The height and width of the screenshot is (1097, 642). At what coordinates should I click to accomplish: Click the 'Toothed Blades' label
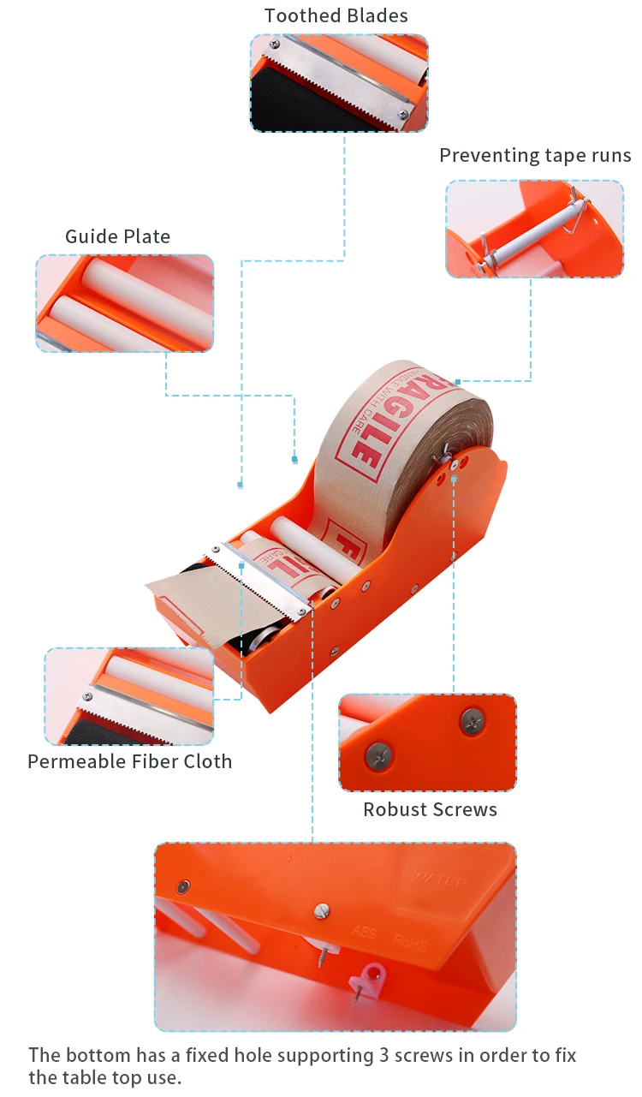[336, 15]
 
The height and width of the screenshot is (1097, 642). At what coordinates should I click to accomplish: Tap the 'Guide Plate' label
[117, 236]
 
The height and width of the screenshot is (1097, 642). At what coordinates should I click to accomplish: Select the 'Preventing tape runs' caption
[534, 155]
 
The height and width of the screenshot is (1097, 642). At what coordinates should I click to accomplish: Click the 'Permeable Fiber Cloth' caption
[129, 761]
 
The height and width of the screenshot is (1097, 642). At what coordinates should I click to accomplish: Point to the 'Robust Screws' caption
[430, 809]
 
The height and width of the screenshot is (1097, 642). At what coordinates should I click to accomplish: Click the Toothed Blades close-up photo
[339, 82]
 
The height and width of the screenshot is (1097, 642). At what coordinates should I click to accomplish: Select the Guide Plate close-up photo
[124, 303]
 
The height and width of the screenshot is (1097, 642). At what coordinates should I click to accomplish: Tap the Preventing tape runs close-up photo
[534, 229]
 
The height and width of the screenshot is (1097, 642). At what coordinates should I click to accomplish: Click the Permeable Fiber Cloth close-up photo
[128, 695]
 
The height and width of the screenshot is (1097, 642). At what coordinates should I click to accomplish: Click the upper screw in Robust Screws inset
[473, 721]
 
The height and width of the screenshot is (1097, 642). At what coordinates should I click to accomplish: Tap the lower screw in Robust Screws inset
[379, 755]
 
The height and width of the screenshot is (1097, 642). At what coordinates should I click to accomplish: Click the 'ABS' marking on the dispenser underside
[364, 931]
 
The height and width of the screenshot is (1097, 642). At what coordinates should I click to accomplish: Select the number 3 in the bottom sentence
[383, 1055]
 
